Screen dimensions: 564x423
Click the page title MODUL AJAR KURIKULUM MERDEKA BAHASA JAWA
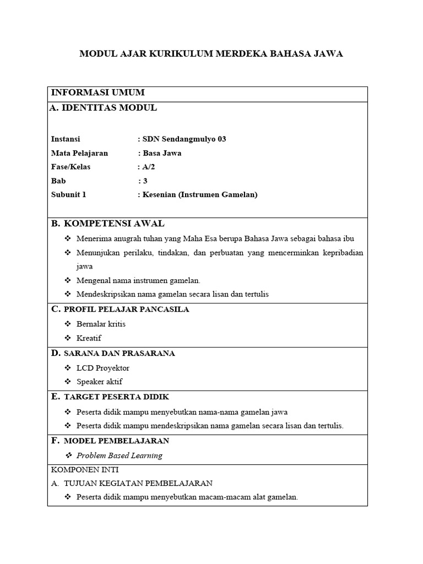tap(211, 53)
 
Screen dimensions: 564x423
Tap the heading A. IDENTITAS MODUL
tap(103, 108)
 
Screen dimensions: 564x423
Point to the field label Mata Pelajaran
tap(79, 153)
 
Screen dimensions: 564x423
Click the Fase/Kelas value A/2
tap(147, 167)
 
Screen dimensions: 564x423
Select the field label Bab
tap(58, 181)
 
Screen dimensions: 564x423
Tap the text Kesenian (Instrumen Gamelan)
tap(199, 194)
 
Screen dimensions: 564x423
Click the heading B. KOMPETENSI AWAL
tap(107, 224)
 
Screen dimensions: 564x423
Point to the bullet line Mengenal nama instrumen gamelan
tap(138, 280)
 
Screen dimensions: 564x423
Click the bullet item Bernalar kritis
tap(101, 324)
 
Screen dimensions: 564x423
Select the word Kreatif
tap(89, 338)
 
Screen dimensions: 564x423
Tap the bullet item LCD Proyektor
tap(103, 368)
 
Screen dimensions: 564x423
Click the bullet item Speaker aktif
tap(99, 382)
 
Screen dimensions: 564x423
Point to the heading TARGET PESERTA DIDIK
tap(116, 397)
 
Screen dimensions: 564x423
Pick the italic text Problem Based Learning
tap(120, 455)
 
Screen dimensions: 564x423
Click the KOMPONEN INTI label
tap(84, 470)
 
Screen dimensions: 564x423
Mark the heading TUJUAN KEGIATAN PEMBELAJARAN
tap(138, 484)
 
